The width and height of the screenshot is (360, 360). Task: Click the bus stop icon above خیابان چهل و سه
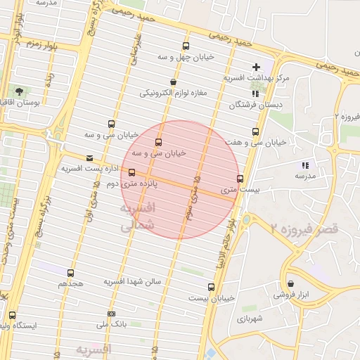point(186,46)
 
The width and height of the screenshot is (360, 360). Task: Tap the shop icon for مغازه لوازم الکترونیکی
point(173,82)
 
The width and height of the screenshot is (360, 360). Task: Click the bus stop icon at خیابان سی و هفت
point(255,131)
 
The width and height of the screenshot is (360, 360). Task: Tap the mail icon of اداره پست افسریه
point(89,158)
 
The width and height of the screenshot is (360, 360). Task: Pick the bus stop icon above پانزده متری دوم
point(131,172)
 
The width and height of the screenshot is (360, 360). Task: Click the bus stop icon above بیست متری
point(240,179)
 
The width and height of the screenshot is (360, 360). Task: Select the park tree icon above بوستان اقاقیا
point(19,91)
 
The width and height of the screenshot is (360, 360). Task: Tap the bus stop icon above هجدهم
point(70,273)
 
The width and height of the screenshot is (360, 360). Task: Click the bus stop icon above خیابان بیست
point(211,287)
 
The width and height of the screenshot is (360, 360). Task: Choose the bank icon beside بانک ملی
point(111,314)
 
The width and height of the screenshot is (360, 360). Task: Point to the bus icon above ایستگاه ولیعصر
point(12,315)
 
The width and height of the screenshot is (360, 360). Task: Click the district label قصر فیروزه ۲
point(304,228)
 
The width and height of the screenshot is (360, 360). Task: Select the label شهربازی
point(250,319)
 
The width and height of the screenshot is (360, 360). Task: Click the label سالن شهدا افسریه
point(133,281)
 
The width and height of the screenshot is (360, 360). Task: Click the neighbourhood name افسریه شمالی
point(137,218)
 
